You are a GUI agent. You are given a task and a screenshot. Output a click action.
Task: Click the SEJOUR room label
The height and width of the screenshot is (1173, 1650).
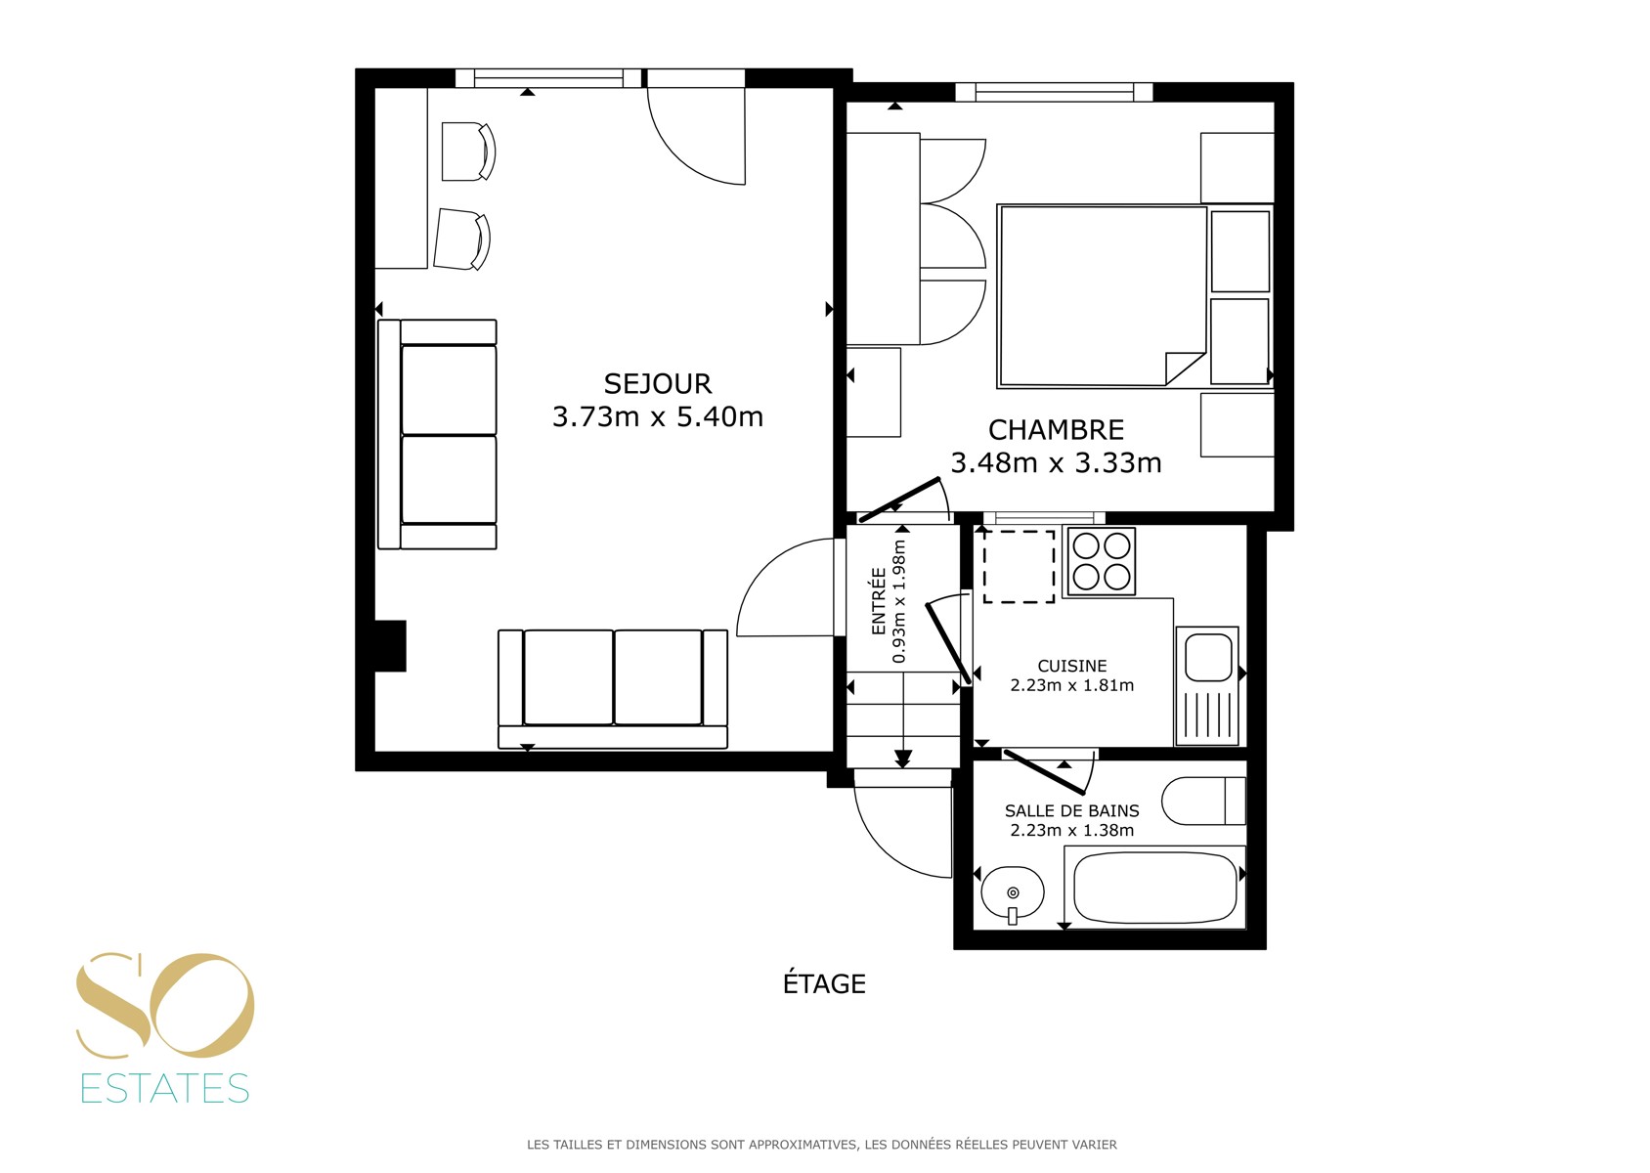(657, 384)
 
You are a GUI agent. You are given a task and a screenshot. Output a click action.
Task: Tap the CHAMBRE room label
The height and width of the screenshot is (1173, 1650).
(1056, 429)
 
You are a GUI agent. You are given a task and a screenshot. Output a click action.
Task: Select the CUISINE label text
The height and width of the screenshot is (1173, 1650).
(1071, 666)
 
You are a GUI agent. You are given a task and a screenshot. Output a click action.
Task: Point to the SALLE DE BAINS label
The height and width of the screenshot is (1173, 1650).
(1071, 811)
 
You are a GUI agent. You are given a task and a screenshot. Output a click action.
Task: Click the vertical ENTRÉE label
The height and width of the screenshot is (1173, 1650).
(878, 600)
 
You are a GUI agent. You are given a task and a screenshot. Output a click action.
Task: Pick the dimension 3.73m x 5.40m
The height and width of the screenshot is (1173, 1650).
(657, 417)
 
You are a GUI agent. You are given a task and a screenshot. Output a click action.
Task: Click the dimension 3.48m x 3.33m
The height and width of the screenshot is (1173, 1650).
(1056, 462)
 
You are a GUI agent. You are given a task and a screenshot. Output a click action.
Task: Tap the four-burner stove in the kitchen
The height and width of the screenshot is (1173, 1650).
(1101, 562)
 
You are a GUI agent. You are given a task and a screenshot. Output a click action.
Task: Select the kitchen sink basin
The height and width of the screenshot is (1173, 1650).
(1208, 657)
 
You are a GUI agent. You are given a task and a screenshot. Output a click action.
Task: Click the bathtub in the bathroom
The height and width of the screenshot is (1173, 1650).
(1154, 888)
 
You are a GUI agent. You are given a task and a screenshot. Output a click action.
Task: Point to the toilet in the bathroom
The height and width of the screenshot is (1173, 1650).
(1203, 801)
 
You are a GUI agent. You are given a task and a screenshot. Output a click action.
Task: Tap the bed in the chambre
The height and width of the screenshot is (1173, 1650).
(1102, 296)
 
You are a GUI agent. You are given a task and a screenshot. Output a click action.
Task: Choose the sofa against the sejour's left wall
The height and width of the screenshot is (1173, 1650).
(437, 434)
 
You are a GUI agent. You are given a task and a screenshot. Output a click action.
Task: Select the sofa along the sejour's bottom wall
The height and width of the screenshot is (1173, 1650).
(613, 689)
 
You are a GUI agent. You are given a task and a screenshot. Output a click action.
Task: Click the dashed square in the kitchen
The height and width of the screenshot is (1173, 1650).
(1019, 566)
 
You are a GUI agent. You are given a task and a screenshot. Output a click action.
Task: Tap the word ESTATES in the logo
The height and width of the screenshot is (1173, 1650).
(164, 1088)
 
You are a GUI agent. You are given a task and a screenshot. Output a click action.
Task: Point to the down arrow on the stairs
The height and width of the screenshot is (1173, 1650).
(903, 759)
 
